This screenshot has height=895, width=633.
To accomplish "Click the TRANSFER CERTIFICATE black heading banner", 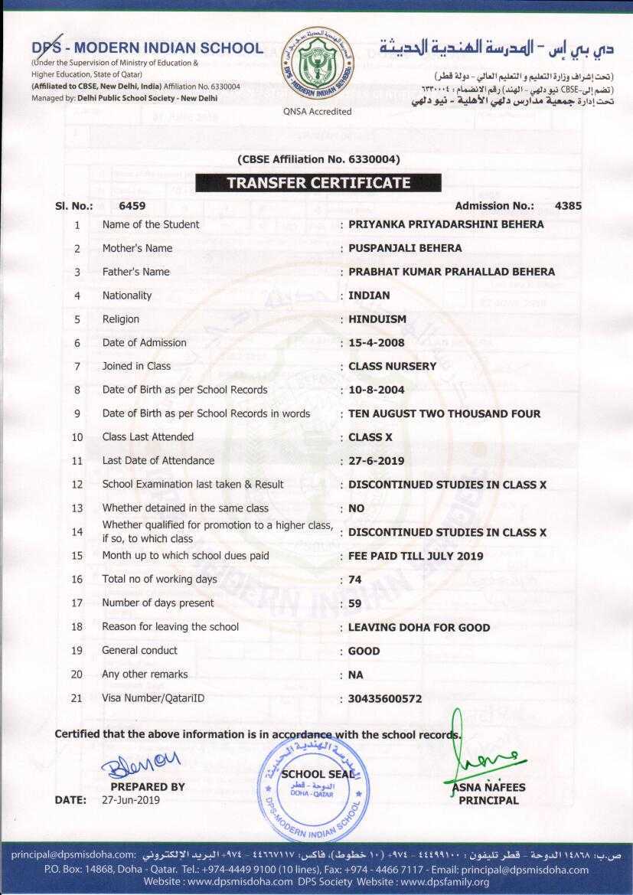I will (x=318, y=183).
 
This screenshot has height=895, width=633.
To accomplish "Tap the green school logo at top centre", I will (x=317, y=64).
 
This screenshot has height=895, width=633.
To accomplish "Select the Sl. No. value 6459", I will (x=132, y=206).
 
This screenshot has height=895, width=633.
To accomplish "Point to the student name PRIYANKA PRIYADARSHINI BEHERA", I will (x=446, y=224).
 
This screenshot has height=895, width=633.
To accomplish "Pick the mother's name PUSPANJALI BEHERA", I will (x=405, y=248).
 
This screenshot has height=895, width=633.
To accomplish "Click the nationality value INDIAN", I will (x=369, y=296).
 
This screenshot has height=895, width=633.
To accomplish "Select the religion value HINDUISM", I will (x=377, y=319).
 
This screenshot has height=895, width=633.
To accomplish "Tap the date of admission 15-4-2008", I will (x=377, y=343).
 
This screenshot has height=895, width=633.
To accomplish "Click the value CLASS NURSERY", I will (x=392, y=366).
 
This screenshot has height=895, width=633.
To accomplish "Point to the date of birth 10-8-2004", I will (x=377, y=390).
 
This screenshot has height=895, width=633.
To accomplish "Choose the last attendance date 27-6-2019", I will (x=377, y=461).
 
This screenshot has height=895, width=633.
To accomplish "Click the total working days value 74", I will (x=355, y=580).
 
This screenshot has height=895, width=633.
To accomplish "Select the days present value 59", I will (x=355, y=603).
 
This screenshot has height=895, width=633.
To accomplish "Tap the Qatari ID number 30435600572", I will (x=385, y=698).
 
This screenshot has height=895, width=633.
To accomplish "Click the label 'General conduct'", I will (x=139, y=651).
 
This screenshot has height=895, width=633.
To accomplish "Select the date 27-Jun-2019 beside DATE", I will (x=131, y=800).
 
